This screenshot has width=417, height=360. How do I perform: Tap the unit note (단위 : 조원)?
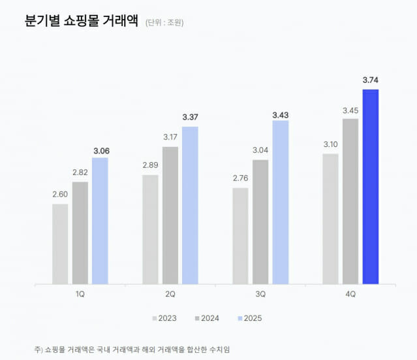[164, 23]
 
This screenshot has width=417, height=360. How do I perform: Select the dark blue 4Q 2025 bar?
[371, 187]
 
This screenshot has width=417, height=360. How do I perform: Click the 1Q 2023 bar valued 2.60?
[60, 244]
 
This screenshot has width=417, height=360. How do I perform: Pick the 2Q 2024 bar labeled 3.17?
[170, 216]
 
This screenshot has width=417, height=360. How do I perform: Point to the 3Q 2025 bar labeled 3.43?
[281, 203]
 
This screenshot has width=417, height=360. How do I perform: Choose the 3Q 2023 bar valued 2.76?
[240, 236]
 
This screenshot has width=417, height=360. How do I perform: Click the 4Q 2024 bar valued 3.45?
[350, 201]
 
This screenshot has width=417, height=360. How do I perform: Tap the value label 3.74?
[371, 80]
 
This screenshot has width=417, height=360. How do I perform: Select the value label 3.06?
[100, 150]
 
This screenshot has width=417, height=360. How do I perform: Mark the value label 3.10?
[331, 145]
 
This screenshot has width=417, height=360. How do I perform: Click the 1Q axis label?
[80, 294]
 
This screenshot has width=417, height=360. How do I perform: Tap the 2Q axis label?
[170, 294]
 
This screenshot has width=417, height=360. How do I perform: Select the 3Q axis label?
[260, 294]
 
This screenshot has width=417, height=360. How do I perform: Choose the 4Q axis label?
[350, 294]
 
